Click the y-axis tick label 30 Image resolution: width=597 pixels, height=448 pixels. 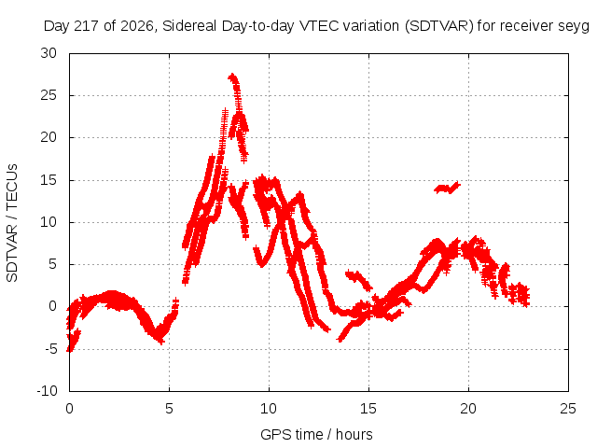pos(49,53)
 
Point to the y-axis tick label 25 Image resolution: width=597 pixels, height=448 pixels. pos(49,95)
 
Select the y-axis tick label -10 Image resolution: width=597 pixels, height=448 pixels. pos(48,390)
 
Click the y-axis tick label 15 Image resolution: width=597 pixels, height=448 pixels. pos(49,180)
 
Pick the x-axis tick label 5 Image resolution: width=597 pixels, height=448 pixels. pos(169,409)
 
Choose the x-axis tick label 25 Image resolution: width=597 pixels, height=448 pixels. pos(568,409)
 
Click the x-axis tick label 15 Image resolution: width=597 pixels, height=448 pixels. pos(368,409)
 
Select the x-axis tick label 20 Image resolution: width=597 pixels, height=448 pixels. pos(468,409)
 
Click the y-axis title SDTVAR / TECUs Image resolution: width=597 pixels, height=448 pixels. pos(12,223)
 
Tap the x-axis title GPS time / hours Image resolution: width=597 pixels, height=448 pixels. pos(316,434)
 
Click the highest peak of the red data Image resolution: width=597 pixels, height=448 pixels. pos(232,77)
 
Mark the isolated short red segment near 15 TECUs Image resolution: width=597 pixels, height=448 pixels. pos(447,188)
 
